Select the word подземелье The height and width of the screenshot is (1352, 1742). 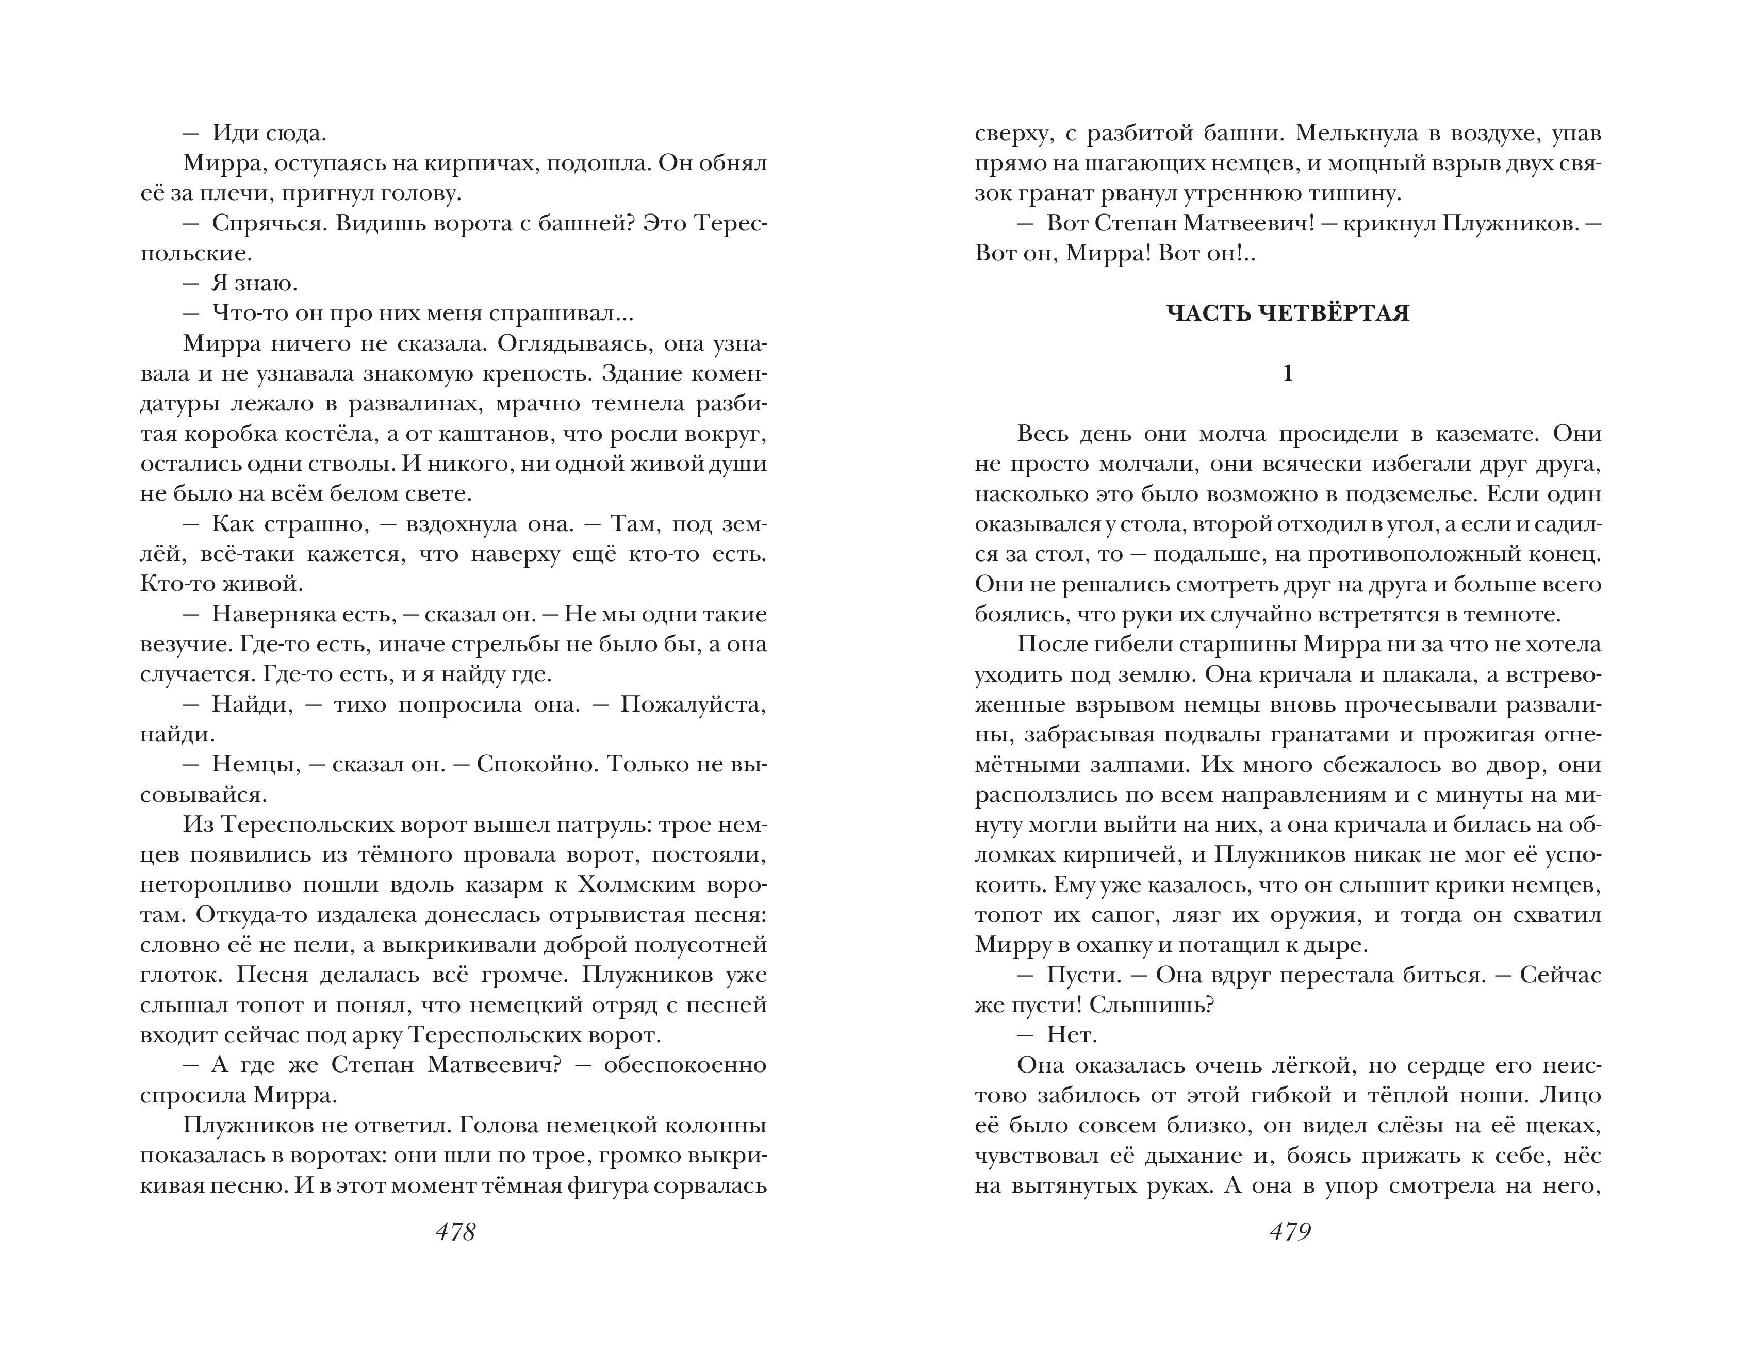point(1414,494)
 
